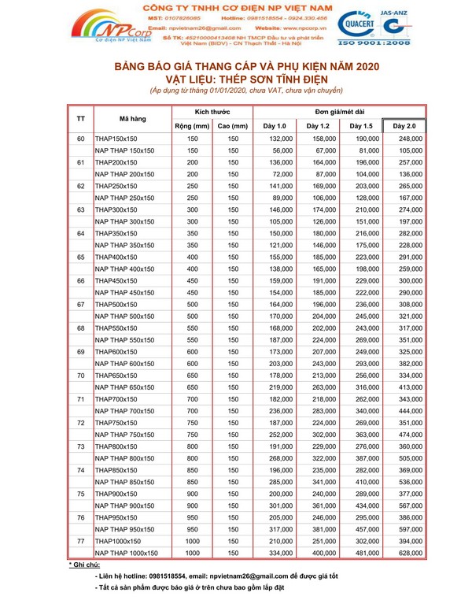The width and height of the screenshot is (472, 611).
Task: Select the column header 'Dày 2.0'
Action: (404, 125)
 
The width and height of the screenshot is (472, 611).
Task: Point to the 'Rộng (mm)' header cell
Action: (192, 125)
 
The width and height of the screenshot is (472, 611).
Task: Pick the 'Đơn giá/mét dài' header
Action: (340, 111)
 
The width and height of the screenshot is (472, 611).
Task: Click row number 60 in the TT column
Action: (80, 139)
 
